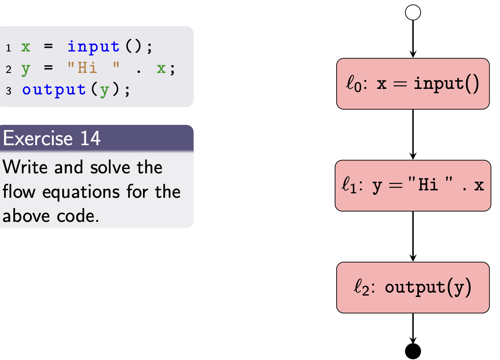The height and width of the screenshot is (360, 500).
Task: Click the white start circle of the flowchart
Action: coord(413,13)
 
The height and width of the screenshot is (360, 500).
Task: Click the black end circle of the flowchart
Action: coord(413,351)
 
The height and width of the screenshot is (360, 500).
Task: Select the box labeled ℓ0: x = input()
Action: coord(413,84)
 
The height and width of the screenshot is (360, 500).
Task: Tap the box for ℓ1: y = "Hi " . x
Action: coord(413,186)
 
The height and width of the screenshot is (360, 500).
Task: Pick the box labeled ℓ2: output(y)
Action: coord(413,287)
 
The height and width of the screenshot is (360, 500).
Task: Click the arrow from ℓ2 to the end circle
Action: coord(413,328)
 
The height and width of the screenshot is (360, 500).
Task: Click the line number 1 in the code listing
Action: coord(9,48)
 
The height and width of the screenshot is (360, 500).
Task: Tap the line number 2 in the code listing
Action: coord(9,70)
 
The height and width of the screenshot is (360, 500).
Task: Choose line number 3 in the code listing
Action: coord(9,91)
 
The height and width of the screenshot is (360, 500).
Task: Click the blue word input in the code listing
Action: coord(93,47)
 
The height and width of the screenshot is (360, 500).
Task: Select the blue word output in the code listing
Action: coord(54,90)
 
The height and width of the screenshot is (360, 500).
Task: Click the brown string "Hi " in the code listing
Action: coord(93,68)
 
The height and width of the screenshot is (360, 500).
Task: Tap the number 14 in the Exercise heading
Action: coord(90,139)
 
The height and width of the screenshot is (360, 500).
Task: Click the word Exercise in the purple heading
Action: coord(38,139)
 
